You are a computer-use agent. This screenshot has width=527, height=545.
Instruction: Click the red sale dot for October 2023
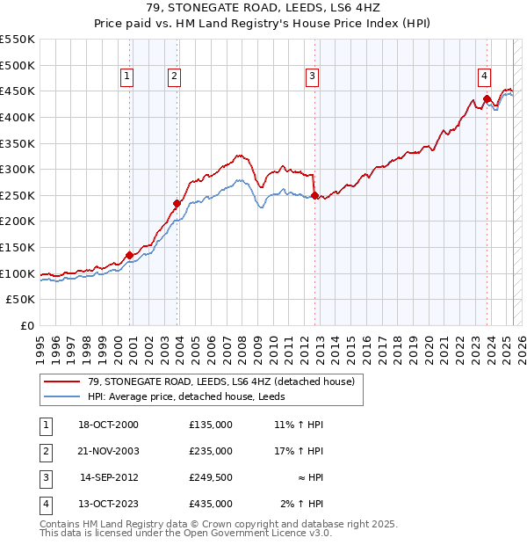tap(487, 98)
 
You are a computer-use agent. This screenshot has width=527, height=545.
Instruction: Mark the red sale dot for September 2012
tap(314, 195)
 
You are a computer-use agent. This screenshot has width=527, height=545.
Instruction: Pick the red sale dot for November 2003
tap(177, 203)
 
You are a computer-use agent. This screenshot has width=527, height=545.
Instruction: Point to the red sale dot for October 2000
tap(129, 255)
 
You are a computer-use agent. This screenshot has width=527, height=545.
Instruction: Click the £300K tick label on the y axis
tap(18, 169)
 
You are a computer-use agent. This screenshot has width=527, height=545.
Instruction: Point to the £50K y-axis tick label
tap(21, 300)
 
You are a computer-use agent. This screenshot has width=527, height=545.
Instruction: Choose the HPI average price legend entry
tap(191, 396)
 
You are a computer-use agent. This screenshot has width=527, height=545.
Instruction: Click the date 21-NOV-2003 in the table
tap(110, 451)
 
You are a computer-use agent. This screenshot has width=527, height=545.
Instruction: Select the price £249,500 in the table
tap(211, 477)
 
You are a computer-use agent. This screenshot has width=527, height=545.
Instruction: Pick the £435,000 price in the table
tap(211, 504)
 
